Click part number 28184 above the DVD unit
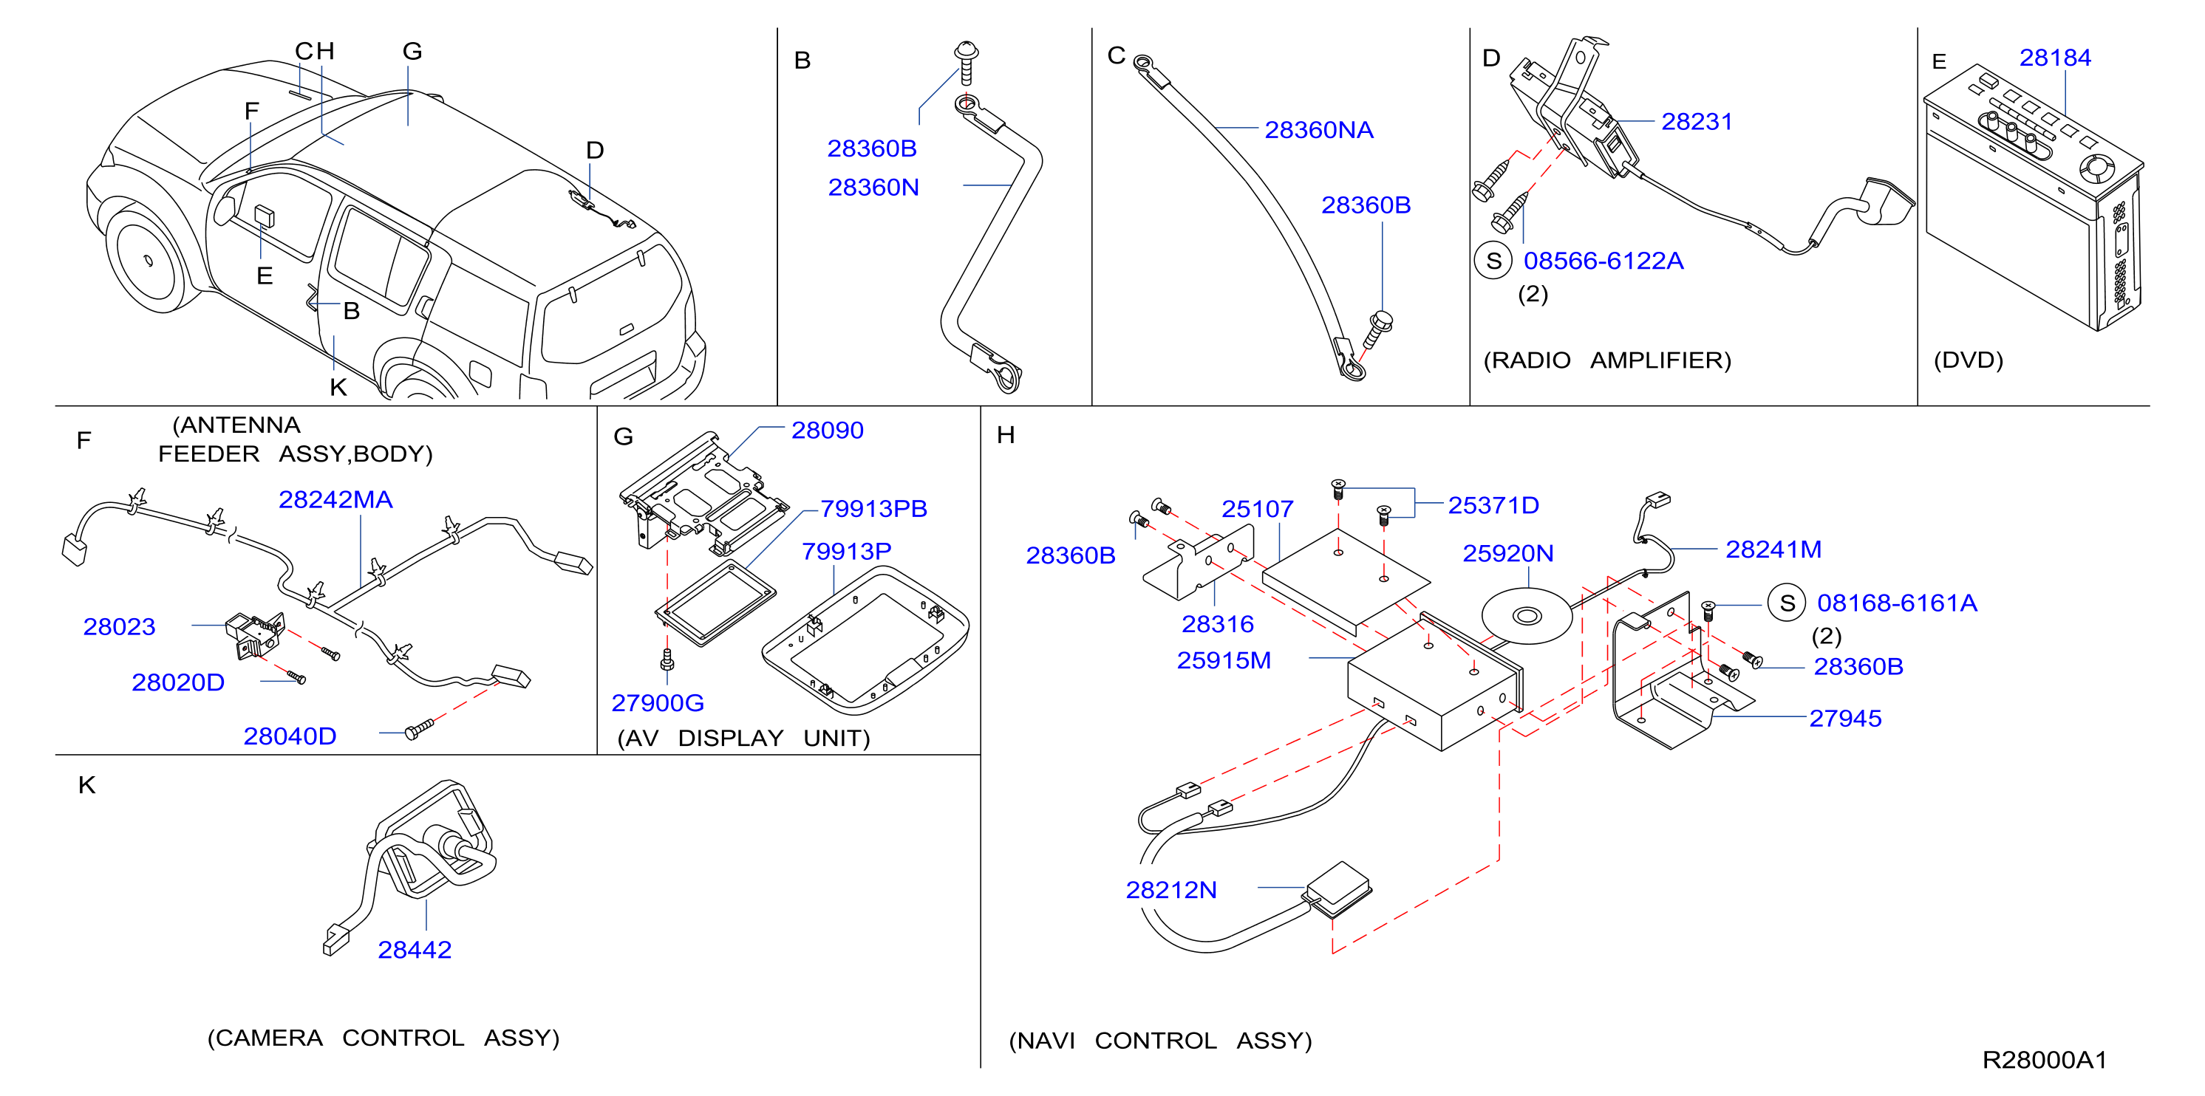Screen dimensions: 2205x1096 (x=2054, y=58)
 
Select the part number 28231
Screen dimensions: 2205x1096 (x=1697, y=122)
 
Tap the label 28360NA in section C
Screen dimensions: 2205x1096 (x=1318, y=130)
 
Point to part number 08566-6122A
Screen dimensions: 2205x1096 (x=1604, y=261)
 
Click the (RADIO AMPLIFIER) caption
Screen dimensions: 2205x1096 (x=1606, y=360)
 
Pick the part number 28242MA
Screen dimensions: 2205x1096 (x=335, y=500)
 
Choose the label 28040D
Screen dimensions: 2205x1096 (x=290, y=736)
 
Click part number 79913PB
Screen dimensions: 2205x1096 (x=874, y=509)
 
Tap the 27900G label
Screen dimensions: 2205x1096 (x=658, y=703)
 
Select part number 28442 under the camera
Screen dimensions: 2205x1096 (x=415, y=950)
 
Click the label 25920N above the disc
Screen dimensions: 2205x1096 (x=1507, y=554)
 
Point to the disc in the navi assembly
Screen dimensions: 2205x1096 (x=1527, y=616)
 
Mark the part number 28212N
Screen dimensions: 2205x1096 (x=1171, y=891)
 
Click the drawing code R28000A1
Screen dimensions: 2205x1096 (x=2044, y=1060)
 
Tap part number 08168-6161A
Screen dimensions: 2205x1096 (x=1897, y=603)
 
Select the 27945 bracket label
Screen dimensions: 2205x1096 (x=1845, y=719)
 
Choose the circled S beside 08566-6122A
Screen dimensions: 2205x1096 (x=1493, y=261)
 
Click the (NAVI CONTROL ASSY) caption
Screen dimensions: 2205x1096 (x=1160, y=1041)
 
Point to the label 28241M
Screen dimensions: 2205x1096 (x=1773, y=549)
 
